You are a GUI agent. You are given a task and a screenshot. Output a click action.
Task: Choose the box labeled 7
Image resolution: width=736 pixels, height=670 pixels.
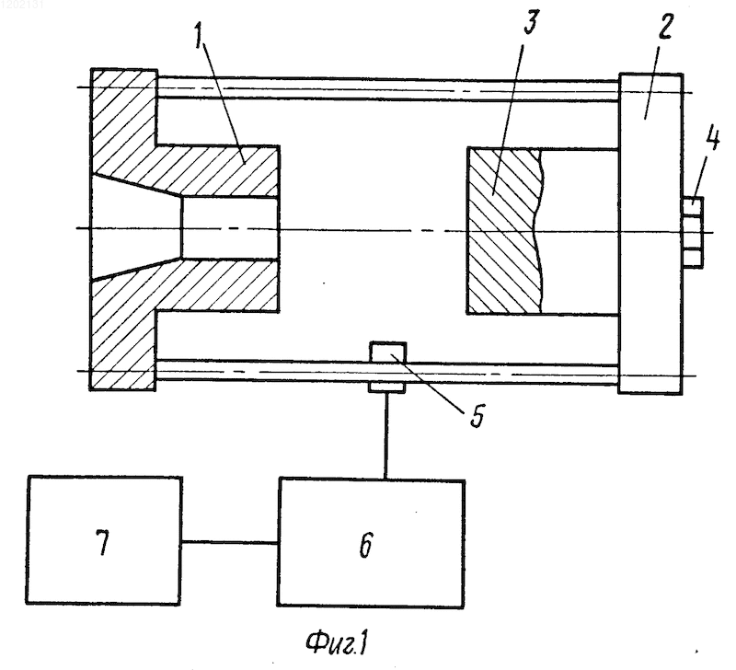pos(104,540)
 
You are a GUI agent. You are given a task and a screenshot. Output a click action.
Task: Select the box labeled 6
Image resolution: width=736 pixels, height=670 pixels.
pos(371,543)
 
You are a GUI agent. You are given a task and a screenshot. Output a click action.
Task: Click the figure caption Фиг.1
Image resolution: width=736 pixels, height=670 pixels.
pos(337,643)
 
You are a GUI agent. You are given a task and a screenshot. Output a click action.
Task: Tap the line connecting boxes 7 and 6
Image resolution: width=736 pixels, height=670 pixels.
pos(229,543)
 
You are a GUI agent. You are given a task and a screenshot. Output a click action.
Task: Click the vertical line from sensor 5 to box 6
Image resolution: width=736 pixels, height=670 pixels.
pos(385,435)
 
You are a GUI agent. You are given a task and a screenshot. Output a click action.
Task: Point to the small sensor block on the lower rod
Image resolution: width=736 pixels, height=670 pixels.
pos(387,366)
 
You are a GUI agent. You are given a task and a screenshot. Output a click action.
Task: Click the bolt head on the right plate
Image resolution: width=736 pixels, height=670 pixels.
pos(692,233)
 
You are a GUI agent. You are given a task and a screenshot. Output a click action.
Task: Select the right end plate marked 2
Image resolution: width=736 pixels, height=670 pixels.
pos(650,233)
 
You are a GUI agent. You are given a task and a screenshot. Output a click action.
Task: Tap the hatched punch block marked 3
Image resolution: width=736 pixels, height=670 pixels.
pos(503,230)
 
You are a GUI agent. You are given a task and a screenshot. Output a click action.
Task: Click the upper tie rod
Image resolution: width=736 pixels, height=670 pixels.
pos(387,88)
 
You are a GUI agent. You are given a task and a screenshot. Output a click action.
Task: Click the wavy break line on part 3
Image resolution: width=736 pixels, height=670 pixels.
pos(540,230)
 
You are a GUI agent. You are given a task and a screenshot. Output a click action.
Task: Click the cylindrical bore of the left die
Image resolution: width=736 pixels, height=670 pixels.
pos(230,227)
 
